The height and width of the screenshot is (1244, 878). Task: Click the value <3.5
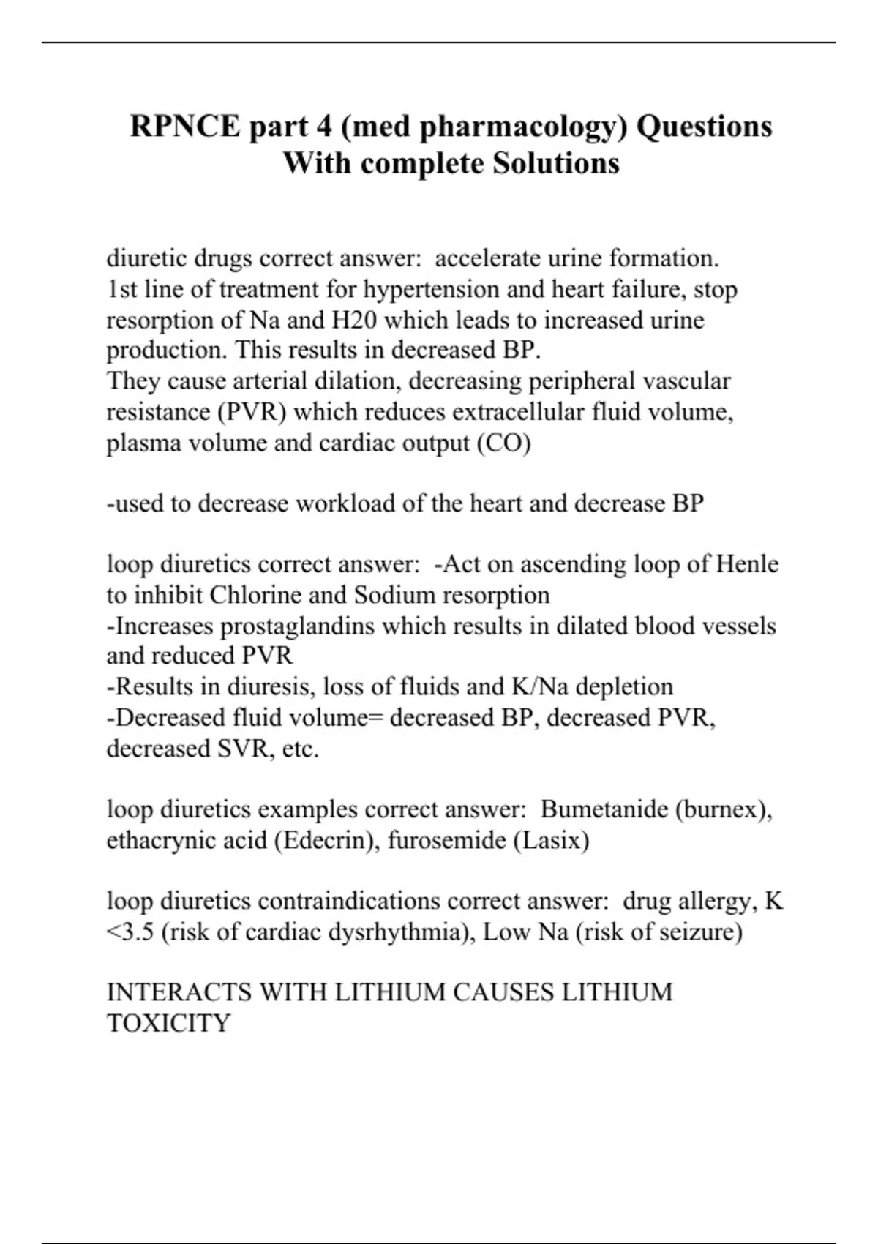point(130,932)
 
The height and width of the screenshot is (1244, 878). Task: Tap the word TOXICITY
point(169,1023)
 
